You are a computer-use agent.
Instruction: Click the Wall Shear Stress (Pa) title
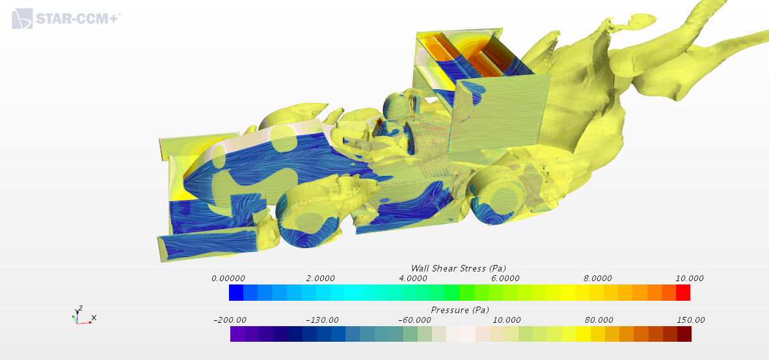coord(459,268)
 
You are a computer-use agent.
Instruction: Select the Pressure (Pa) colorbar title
coord(460,310)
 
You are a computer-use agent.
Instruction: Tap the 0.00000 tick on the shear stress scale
coord(228,278)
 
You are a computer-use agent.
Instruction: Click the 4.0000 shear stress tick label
coord(413,278)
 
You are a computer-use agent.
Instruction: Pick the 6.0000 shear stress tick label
coord(505,278)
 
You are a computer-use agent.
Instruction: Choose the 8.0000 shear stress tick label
coord(598,278)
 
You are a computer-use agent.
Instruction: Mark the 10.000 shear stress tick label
coord(690,278)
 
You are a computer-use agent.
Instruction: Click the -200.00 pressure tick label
coord(230,320)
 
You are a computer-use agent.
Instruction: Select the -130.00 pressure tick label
coord(322,320)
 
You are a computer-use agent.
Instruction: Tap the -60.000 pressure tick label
coord(414,320)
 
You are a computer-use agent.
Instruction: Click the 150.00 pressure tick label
coord(691,320)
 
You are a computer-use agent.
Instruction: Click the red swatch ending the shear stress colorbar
coord(683,292)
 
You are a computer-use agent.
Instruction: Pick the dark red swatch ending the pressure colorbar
coord(684,334)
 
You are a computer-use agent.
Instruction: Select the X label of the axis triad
coord(94,318)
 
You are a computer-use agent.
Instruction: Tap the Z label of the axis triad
coord(80,307)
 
